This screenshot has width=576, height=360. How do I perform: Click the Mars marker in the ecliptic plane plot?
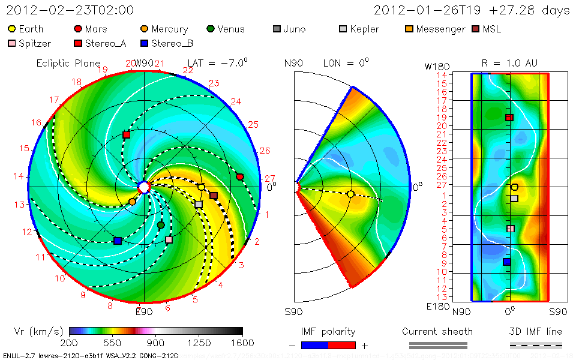(240, 176)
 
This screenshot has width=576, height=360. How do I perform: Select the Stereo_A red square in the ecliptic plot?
(126, 135)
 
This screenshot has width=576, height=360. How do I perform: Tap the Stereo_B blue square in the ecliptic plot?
(118, 241)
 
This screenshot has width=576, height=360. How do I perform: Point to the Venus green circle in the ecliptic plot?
(161, 225)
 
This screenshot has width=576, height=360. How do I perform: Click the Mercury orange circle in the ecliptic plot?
(132, 202)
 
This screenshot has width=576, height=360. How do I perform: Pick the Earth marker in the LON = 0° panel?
(351, 194)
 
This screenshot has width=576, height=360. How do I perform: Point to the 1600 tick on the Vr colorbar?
(242, 343)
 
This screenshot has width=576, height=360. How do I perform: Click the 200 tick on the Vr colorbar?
(70, 343)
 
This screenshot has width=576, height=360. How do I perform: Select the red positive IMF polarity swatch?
(342, 345)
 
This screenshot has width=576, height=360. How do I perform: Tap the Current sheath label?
(437, 331)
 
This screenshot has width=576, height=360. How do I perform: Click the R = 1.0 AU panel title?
(509, 63)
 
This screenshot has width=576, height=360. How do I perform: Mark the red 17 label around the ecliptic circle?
(54, 100)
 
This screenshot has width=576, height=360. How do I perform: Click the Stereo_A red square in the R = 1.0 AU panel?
(509, 118)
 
